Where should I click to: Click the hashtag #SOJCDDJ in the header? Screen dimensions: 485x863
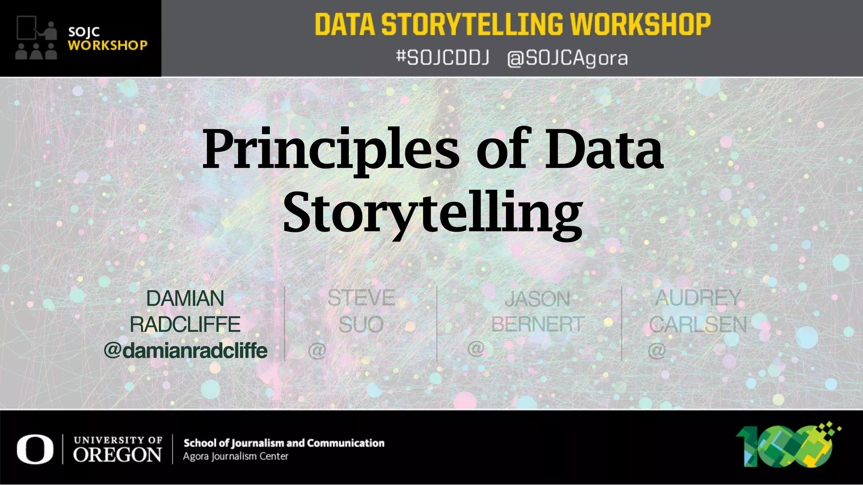click(442, 58)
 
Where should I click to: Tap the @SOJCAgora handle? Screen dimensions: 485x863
click(567, 58)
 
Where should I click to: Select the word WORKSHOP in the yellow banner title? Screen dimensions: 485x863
click(641, 24)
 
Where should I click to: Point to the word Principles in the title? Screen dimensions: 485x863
click(331, 149)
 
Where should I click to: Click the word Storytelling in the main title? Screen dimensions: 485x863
click(433, 213)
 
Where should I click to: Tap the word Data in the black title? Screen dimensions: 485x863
click(604, 149)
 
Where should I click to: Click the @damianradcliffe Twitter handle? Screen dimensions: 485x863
click(185, 350)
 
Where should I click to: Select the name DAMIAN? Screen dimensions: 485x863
click(185, 298)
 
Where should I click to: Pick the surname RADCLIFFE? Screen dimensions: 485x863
click(185, 325)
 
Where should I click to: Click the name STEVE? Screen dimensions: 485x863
click(361, 298)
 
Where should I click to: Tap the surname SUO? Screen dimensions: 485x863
click(361, 325)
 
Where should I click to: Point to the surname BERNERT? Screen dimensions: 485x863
click(537, 325)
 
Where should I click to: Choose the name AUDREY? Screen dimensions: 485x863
click(698, 298)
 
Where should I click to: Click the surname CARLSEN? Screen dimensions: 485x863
click(698, 325)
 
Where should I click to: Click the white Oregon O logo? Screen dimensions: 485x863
click(35, 450)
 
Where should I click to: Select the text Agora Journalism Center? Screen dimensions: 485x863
click(236, 456)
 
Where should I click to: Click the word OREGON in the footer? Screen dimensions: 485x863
click(117, 455)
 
